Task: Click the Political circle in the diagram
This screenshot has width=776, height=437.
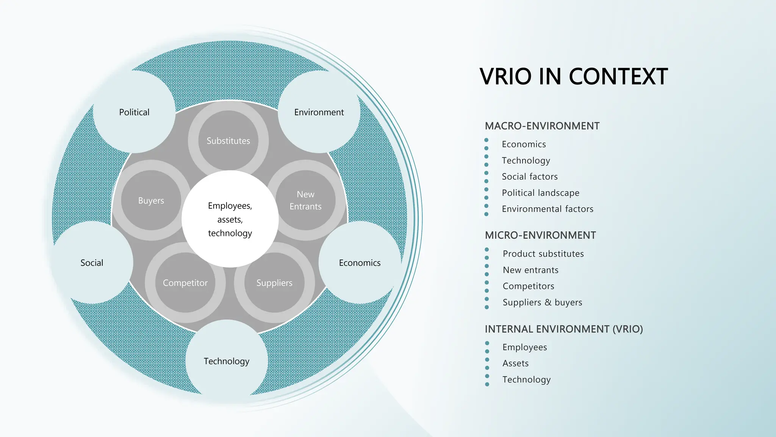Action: pyautogui.click(x=134, y=112)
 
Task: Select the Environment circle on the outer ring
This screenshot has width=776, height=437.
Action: pyautogui.click(x=319, y=112)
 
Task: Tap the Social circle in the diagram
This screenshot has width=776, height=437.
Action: pyautogui.click(x=92, y=263)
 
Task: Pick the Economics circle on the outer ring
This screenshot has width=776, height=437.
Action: pyautogui.click(x=360, y=263)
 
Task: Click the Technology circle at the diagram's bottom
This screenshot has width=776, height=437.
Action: pyautogui.click(x=227, y=361)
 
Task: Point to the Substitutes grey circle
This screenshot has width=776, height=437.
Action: pyautogui.click(x=228, y=141)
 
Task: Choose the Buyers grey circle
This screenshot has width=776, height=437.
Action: pyautogui.click(x=151, y=200)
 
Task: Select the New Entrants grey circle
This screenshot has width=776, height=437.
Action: pyautogui.click(x=305, y=200)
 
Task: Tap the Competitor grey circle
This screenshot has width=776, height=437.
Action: pyautogui.click(x=185, y=283)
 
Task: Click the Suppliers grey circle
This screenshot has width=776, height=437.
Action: pyautogui.click(x=274, y=283)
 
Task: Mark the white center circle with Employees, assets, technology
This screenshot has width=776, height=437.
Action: pyautogui.click(x=230, y=219)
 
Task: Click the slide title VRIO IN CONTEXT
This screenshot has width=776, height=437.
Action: pyautogui.click(x=573, y=77)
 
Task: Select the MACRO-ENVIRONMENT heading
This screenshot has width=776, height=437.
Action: pyautogui.click(x=542, y=126)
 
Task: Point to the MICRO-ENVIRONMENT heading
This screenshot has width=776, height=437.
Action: pyautogui.click(x=540, y=235)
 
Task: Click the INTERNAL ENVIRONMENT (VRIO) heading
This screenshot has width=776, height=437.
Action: pyautogui.click(x=564, y=329)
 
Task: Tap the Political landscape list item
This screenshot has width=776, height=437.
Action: pyautogui.click(x=540, y=193)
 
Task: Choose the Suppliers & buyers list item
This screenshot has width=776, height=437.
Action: pyautogui.click(x=542, y=302)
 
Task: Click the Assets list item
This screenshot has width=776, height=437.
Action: pyautogui.click(x=515, y=363)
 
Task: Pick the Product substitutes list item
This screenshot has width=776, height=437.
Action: pyautogui.click(x=543, y=254)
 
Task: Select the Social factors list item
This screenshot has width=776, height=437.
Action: pyautogui.click(x=530, y=176)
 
